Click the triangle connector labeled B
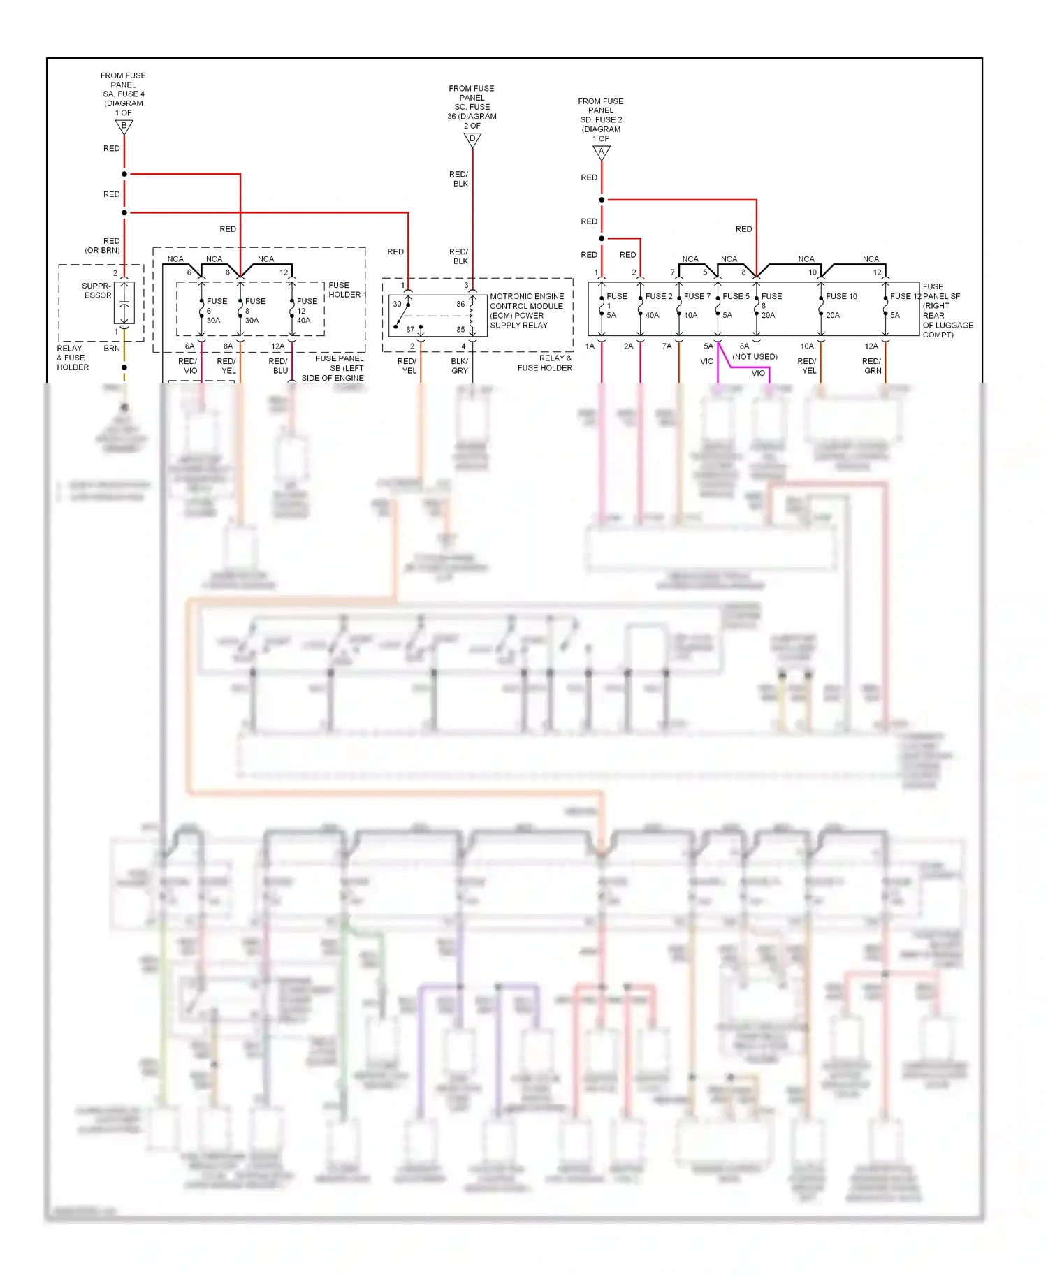124,126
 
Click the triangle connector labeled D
472,140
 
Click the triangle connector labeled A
601,152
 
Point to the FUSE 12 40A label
306,311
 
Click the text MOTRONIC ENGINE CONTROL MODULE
526,301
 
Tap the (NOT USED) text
755,357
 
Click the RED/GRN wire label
872,366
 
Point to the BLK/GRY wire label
459,366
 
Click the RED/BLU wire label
278,366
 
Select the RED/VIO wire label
188,366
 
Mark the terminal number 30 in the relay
397,304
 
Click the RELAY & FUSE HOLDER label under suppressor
73,358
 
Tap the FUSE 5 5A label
734,305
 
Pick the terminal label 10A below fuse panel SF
807,346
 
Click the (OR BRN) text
103,250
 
